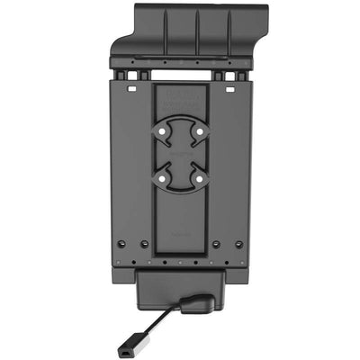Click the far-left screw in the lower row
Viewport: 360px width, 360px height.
121,244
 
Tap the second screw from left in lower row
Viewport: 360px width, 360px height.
144,244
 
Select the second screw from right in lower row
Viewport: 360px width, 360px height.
216,244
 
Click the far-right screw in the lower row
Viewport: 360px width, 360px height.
238,244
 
